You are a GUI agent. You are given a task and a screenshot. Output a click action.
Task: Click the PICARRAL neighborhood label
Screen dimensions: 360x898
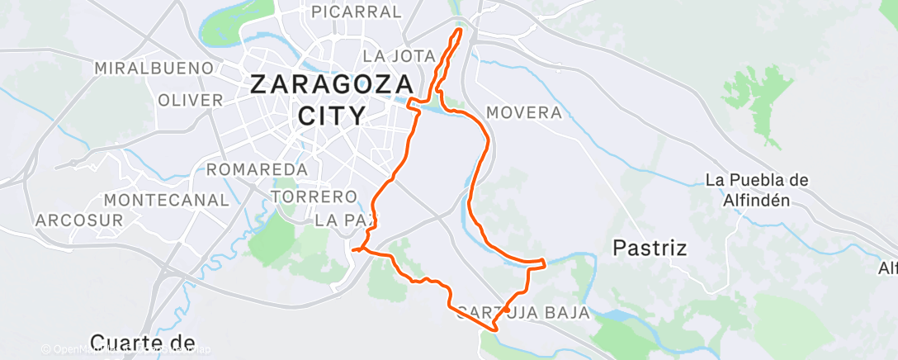pos(357,12)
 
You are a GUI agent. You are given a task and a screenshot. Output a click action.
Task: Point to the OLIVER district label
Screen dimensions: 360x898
pos(190,100)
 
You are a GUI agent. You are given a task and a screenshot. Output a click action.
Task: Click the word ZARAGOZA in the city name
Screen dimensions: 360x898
pos(332,84)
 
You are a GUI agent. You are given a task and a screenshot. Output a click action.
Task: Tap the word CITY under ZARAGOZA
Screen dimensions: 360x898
pos(331,115)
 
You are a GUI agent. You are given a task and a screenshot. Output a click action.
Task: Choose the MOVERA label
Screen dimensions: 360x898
pos(524,112)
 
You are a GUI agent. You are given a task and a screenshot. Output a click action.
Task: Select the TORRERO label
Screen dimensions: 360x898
pos(314,197)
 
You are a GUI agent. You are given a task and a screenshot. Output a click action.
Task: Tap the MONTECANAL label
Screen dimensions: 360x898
pos(166,200)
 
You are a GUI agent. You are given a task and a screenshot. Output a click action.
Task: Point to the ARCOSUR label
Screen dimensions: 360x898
pos(79,220)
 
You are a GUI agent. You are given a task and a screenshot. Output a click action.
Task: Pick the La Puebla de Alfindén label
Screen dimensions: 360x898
pos(746,189)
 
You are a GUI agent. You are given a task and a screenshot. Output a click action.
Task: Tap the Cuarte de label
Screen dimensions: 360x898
pos(142,342)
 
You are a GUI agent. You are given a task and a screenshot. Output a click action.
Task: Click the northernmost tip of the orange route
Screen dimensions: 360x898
pos(458,29)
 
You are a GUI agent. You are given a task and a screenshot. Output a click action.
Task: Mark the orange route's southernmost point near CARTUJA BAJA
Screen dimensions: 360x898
pos(494,330)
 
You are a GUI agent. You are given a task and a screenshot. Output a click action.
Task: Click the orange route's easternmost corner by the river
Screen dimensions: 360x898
pos(545,263)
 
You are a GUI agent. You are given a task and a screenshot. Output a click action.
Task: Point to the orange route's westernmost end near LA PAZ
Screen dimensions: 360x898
pos(352,249)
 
